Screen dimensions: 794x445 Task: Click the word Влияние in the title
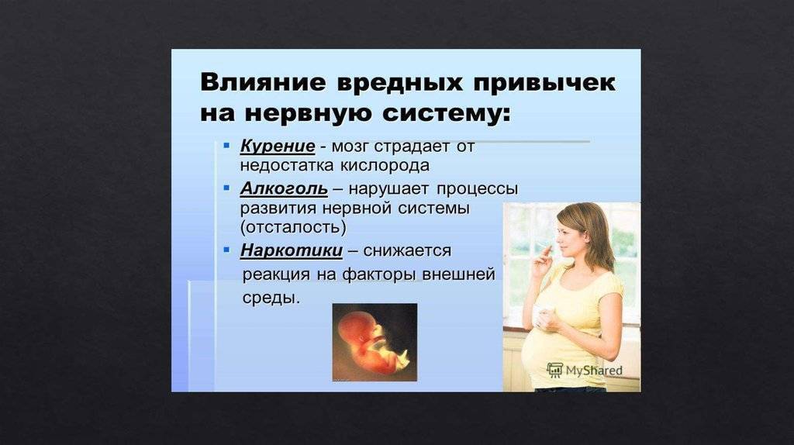point(263,82)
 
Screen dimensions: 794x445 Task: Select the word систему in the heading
point(446,113)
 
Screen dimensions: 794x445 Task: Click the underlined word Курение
point(278,147)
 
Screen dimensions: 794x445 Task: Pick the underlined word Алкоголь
point(284,189)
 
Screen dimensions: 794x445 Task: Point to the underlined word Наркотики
point(292,250)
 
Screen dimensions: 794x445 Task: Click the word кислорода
point(385,166)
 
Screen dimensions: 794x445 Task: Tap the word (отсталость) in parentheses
point(293,227)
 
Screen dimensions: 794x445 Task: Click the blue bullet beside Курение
point(226,146)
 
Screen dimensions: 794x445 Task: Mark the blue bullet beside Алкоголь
point(226,188)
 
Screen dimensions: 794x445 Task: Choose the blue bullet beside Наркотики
point(226,250)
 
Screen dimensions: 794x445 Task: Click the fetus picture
point(375,342)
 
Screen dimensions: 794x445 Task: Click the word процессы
point(478,190)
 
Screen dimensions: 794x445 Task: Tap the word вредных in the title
point(399,82)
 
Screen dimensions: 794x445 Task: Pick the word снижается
point(407,250)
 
